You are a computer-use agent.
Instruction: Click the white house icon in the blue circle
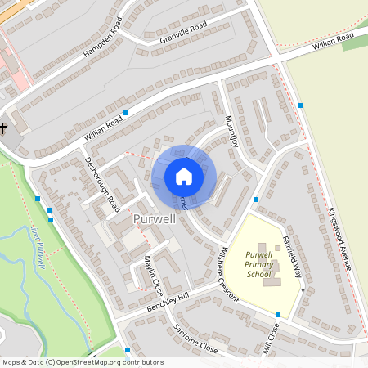[184, 176]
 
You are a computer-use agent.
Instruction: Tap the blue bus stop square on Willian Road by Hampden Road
[126, 113]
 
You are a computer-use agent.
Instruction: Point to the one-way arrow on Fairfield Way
[302, 286]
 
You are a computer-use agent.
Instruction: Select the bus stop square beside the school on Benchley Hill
[278, 315]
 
